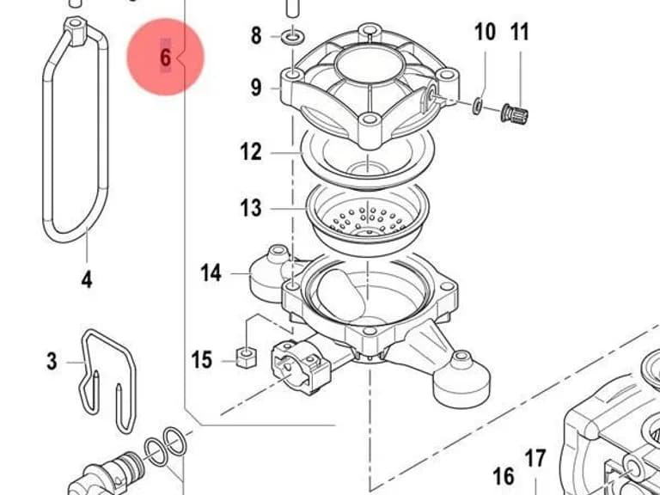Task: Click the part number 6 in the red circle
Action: [x=165, y=58]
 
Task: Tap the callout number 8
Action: [x=256, y=36]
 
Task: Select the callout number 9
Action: [x=256, y=88]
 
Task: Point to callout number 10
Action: [x=485, y=32]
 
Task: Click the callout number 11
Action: [x=519, y=32]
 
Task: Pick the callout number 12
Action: [x=251, y=151]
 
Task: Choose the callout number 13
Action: [x=251, y=208]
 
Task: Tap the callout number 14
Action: [x=211, y=272]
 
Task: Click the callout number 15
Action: [x=202, y=360]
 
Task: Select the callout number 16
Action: [x=504, y=476]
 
